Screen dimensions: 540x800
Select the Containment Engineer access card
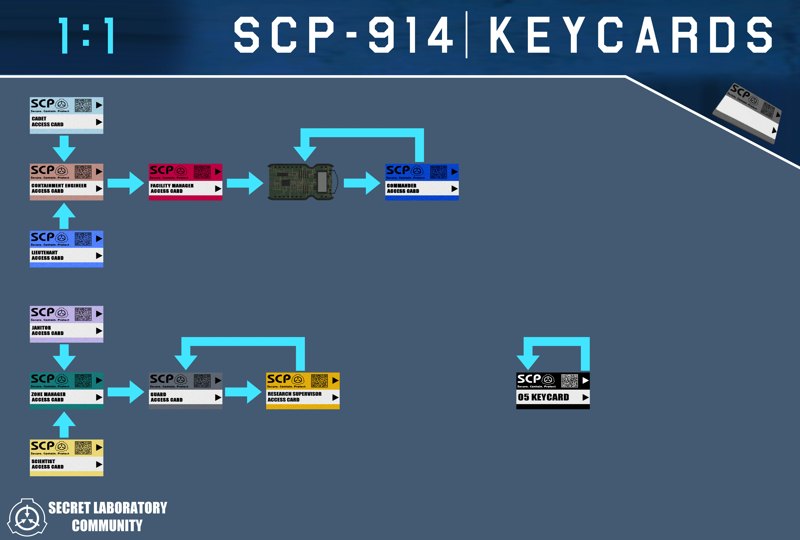(x=66, y=182)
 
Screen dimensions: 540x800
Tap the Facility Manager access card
(x=186, y=182)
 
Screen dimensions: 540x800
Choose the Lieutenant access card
(x=66, y=249)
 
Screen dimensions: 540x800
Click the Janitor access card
(x=66, y=324)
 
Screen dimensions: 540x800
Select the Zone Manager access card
(x=66, y=391)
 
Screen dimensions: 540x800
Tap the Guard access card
(x=186, y=391)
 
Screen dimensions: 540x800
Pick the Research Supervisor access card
(x=303, y=391)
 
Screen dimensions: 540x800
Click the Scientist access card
(x=66, y=458)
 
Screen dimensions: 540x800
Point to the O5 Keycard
(x=553, y=391)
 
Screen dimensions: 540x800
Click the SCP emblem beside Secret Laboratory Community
(x=27, y=517)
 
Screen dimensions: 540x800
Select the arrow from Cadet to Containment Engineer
(x=64, y=148)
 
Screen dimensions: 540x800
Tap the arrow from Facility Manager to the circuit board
(x=245, y=183)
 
